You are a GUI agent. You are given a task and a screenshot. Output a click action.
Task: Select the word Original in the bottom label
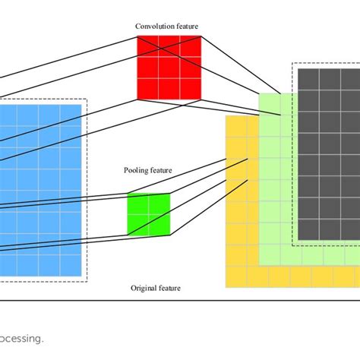[144, 289]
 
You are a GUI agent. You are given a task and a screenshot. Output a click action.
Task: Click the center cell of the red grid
[169, 68]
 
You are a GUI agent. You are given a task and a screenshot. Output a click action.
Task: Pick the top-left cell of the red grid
[147, 47]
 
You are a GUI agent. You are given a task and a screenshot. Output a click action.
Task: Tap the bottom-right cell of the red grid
[190, 89]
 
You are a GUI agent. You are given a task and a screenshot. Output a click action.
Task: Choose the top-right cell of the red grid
[190, 47]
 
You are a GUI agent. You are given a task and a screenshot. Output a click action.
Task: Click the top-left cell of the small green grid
[137, 204]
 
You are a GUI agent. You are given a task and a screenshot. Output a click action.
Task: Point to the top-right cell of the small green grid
[159, 204]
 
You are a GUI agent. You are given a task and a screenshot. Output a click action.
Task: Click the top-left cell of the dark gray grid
[308, 80]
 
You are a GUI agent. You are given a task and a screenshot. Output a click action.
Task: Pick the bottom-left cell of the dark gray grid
[308, 229]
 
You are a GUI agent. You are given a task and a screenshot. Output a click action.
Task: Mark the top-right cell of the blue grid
[70, 115]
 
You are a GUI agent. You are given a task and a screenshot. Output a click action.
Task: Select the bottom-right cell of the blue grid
[70, 265]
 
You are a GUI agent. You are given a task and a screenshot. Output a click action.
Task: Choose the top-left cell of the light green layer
[270, 104]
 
